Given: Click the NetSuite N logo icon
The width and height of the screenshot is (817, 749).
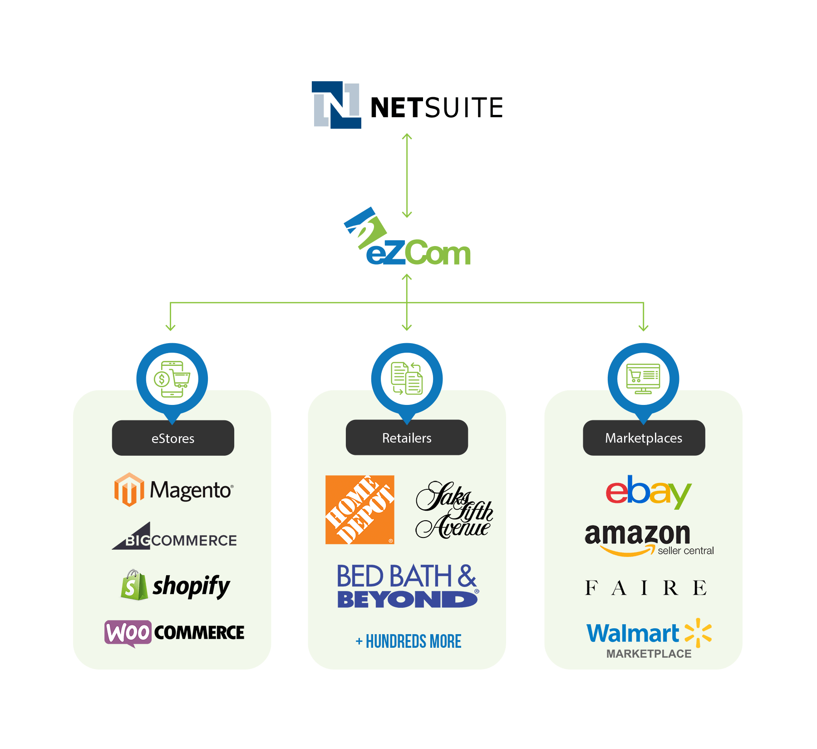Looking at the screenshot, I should [336, 105].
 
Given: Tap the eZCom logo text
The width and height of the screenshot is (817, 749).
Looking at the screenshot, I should [418, 253].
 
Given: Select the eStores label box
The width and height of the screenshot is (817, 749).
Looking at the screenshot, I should [173, 438].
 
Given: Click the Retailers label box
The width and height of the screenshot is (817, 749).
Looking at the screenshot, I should [407, 438].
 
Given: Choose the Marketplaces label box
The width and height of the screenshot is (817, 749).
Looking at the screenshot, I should [644, 438].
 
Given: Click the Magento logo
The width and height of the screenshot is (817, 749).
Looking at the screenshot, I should [174, 490].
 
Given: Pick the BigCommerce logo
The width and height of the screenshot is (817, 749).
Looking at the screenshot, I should [175, 537].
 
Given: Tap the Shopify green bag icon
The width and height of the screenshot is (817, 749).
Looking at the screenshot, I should [134, 586].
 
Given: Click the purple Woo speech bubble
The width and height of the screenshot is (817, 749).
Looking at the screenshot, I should [128, 632].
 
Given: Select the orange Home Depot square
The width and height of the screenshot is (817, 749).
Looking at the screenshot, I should [360, 509].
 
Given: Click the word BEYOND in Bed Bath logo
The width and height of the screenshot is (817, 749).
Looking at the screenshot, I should [407, 600].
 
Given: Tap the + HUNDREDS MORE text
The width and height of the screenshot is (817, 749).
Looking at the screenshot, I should [408, 641].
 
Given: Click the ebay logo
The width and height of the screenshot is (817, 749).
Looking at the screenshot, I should [648, 491].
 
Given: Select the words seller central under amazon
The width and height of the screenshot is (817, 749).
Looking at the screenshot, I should [685, 551].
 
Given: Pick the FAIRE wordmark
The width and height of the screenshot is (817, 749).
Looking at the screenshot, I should [645, 588].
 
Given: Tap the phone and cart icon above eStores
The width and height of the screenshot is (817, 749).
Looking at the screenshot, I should [172, 379].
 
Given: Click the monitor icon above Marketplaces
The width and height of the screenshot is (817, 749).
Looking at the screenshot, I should [643, 379].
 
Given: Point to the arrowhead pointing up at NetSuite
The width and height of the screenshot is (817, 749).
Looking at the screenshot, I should [407, 136].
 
